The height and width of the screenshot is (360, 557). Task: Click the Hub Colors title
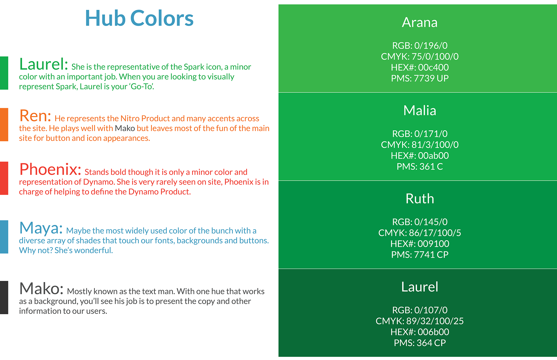(x=139, y=18)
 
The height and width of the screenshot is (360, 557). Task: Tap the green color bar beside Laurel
(x=4, y=73)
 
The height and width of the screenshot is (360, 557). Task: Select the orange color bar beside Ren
(x=4, y=125)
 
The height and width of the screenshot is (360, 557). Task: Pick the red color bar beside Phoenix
(x=4, y=178)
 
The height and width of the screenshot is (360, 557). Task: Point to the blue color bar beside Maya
(x=4, y=237)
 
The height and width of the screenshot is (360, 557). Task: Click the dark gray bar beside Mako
(x=4, y=297)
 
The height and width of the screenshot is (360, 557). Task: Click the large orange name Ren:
(x=35, y=116)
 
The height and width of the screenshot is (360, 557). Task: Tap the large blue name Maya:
(x=41, y=228)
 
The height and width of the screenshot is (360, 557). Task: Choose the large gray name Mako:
(x=41, y=289)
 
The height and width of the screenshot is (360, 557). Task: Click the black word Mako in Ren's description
(x=125, y=128)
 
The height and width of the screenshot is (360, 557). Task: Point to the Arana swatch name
(x=419, y=22)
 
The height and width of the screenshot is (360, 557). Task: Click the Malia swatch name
(x=419, y=110)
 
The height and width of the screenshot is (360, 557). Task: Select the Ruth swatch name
(x=419, y=199)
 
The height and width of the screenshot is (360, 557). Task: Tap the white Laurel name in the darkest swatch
(x=419, y=287)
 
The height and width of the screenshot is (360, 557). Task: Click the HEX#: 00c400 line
(x=419, y=67)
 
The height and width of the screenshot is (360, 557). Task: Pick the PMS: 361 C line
(x=419, y=166)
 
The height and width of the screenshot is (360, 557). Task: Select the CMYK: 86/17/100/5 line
(x=419, y=233)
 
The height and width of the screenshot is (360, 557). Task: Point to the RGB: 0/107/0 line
(x=419, y=310)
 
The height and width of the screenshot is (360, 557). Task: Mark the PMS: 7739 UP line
(x=419, y=78)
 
